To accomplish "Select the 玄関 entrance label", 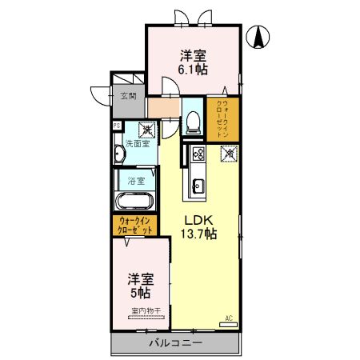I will point(128,97).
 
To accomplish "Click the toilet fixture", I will point(193,122).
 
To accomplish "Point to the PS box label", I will point(117,126).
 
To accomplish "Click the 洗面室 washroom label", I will point(136,144).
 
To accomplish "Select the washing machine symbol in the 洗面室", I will point(146,127).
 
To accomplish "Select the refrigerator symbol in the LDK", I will point(227,152).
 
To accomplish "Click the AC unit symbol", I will point(228,318).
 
